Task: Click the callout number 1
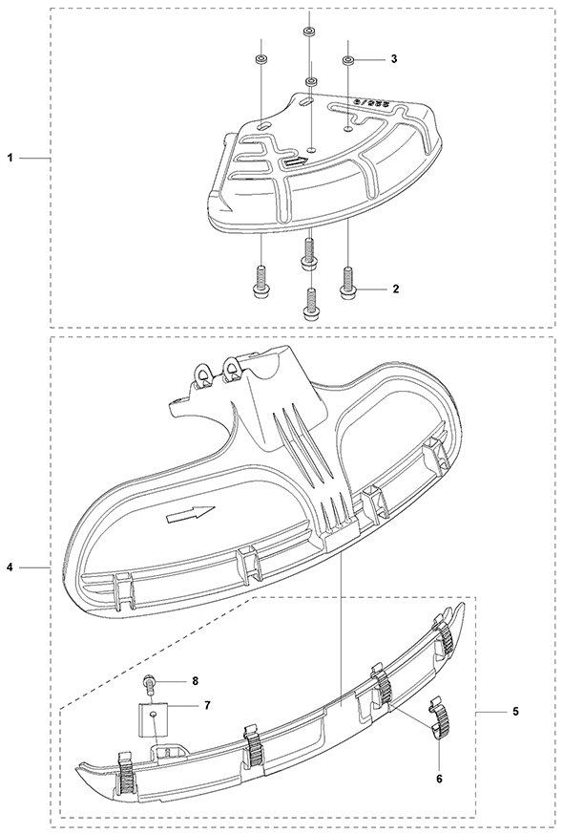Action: point(10,158)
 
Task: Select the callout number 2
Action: point(395,289)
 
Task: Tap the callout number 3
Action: point(394,59)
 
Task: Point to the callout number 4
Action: point(10,568)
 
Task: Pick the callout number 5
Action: point(517,712)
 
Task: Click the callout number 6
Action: point(439,780)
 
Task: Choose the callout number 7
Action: point(207,705)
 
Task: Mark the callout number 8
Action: point(195,680)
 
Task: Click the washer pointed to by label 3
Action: point(348,59)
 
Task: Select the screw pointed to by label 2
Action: point(347,281)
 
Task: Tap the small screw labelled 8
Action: point(149,684)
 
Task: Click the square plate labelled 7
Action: point(153,718)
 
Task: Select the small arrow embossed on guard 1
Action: point(295,162)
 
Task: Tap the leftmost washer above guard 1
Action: point(261,59)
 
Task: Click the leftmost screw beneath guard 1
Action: point(261,280)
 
